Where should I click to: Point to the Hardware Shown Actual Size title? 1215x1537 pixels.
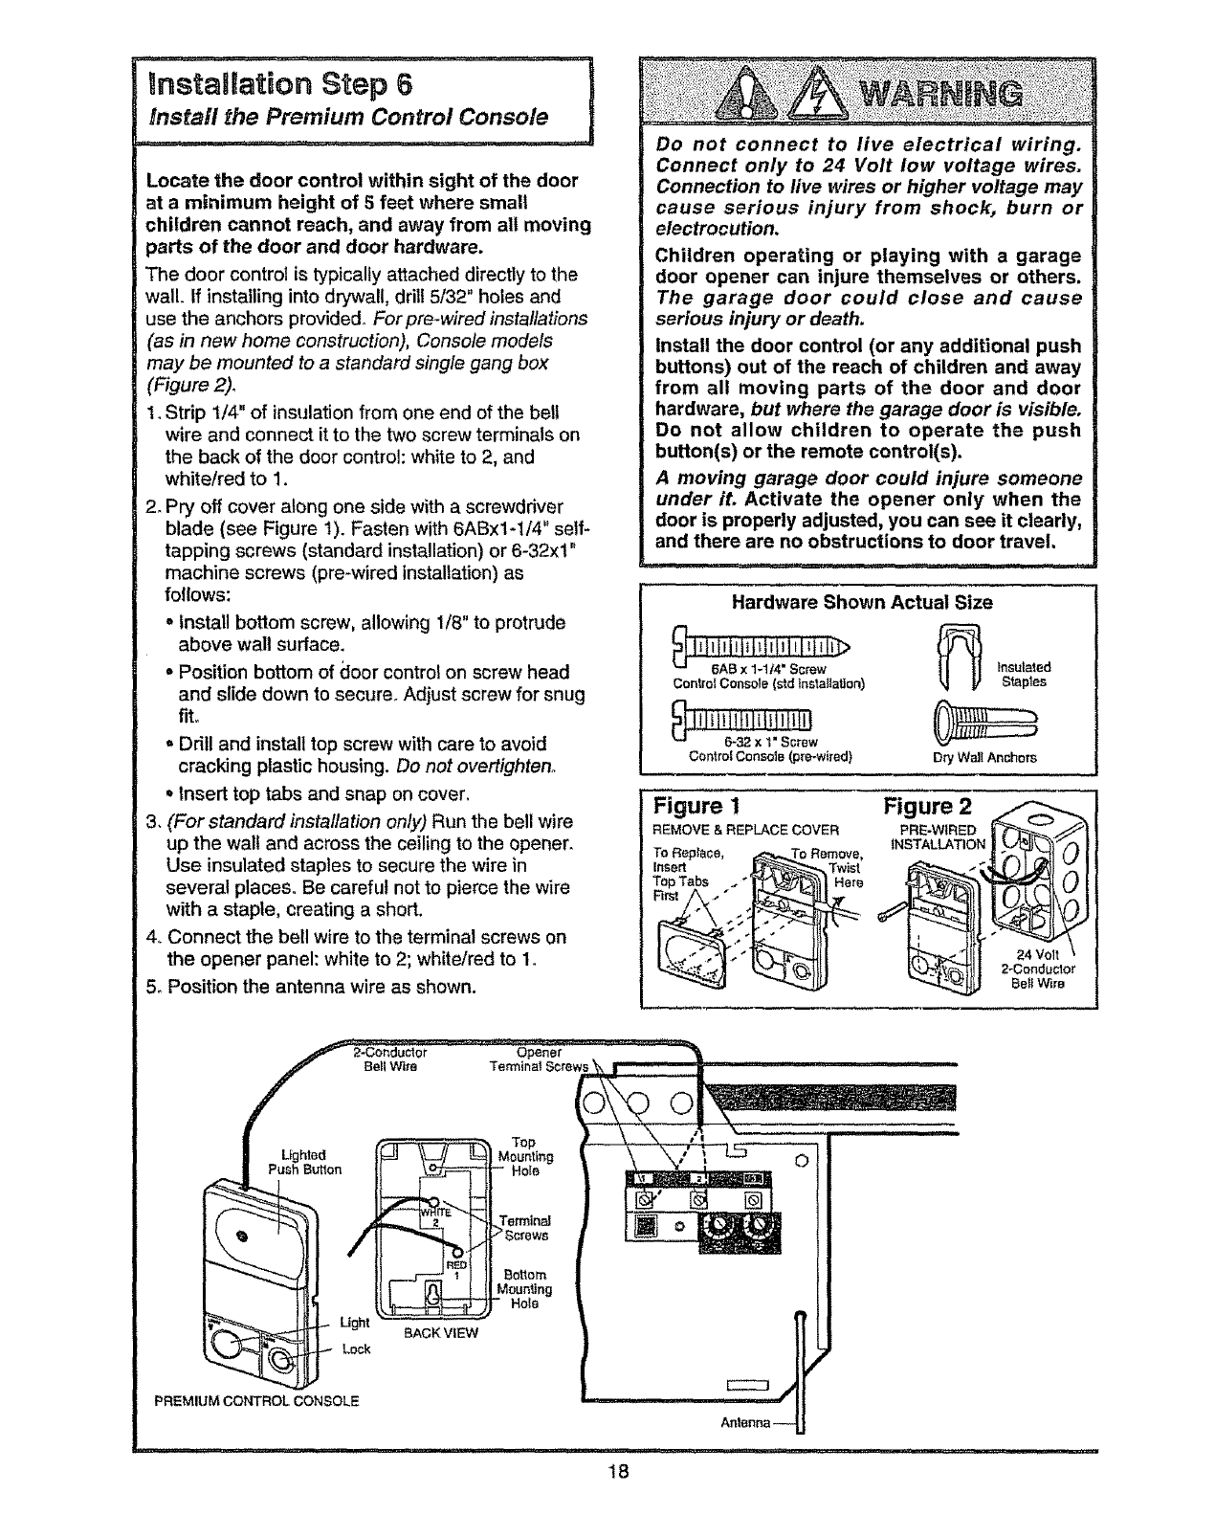click(861, 603)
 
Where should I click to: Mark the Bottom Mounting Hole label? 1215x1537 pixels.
click(527, 1289)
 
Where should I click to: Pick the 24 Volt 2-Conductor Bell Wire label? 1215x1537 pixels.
click(1038, 968)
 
